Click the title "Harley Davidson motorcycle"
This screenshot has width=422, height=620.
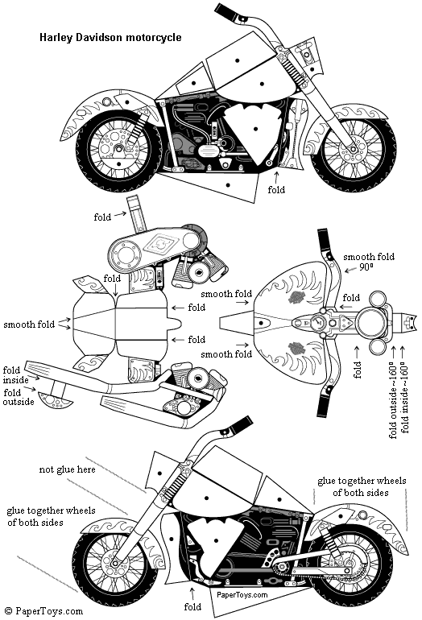pyautogui.click(x=110, y=38)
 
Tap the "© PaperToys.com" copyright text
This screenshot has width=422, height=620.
pyautogui.click(x=44, y=611)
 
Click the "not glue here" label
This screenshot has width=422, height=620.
pyautogui.click(x=67, y=469)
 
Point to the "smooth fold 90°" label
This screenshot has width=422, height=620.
pyautogui.click(x=369, y=262)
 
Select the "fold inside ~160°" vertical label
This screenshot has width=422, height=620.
pyautogui.click(x=405, y=399)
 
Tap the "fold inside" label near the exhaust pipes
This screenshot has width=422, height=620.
pyautogui.click(x=16, y=375)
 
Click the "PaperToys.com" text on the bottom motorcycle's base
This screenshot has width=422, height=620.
pyautogui.click(x=242, y=594)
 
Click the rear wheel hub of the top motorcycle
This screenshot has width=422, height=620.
pyautogui.click(x=118, y=148)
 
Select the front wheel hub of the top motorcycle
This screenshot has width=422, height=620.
pyautogui.click(x=352, y=150)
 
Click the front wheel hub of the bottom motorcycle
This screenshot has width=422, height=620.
pyautogui.click(x=114, y=563)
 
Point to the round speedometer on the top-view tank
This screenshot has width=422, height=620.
pyautogui.click(x=316, y=323)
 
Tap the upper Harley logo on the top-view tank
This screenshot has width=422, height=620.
pyautogui.click(x=296, y=297)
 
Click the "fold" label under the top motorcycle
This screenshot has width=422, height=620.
pyautogui.click(x=276, y=190)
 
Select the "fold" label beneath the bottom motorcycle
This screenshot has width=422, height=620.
pyautogui.click(x=192, y=606)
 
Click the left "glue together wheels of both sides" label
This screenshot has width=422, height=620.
pyautogui.click(x=51, y=516)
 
